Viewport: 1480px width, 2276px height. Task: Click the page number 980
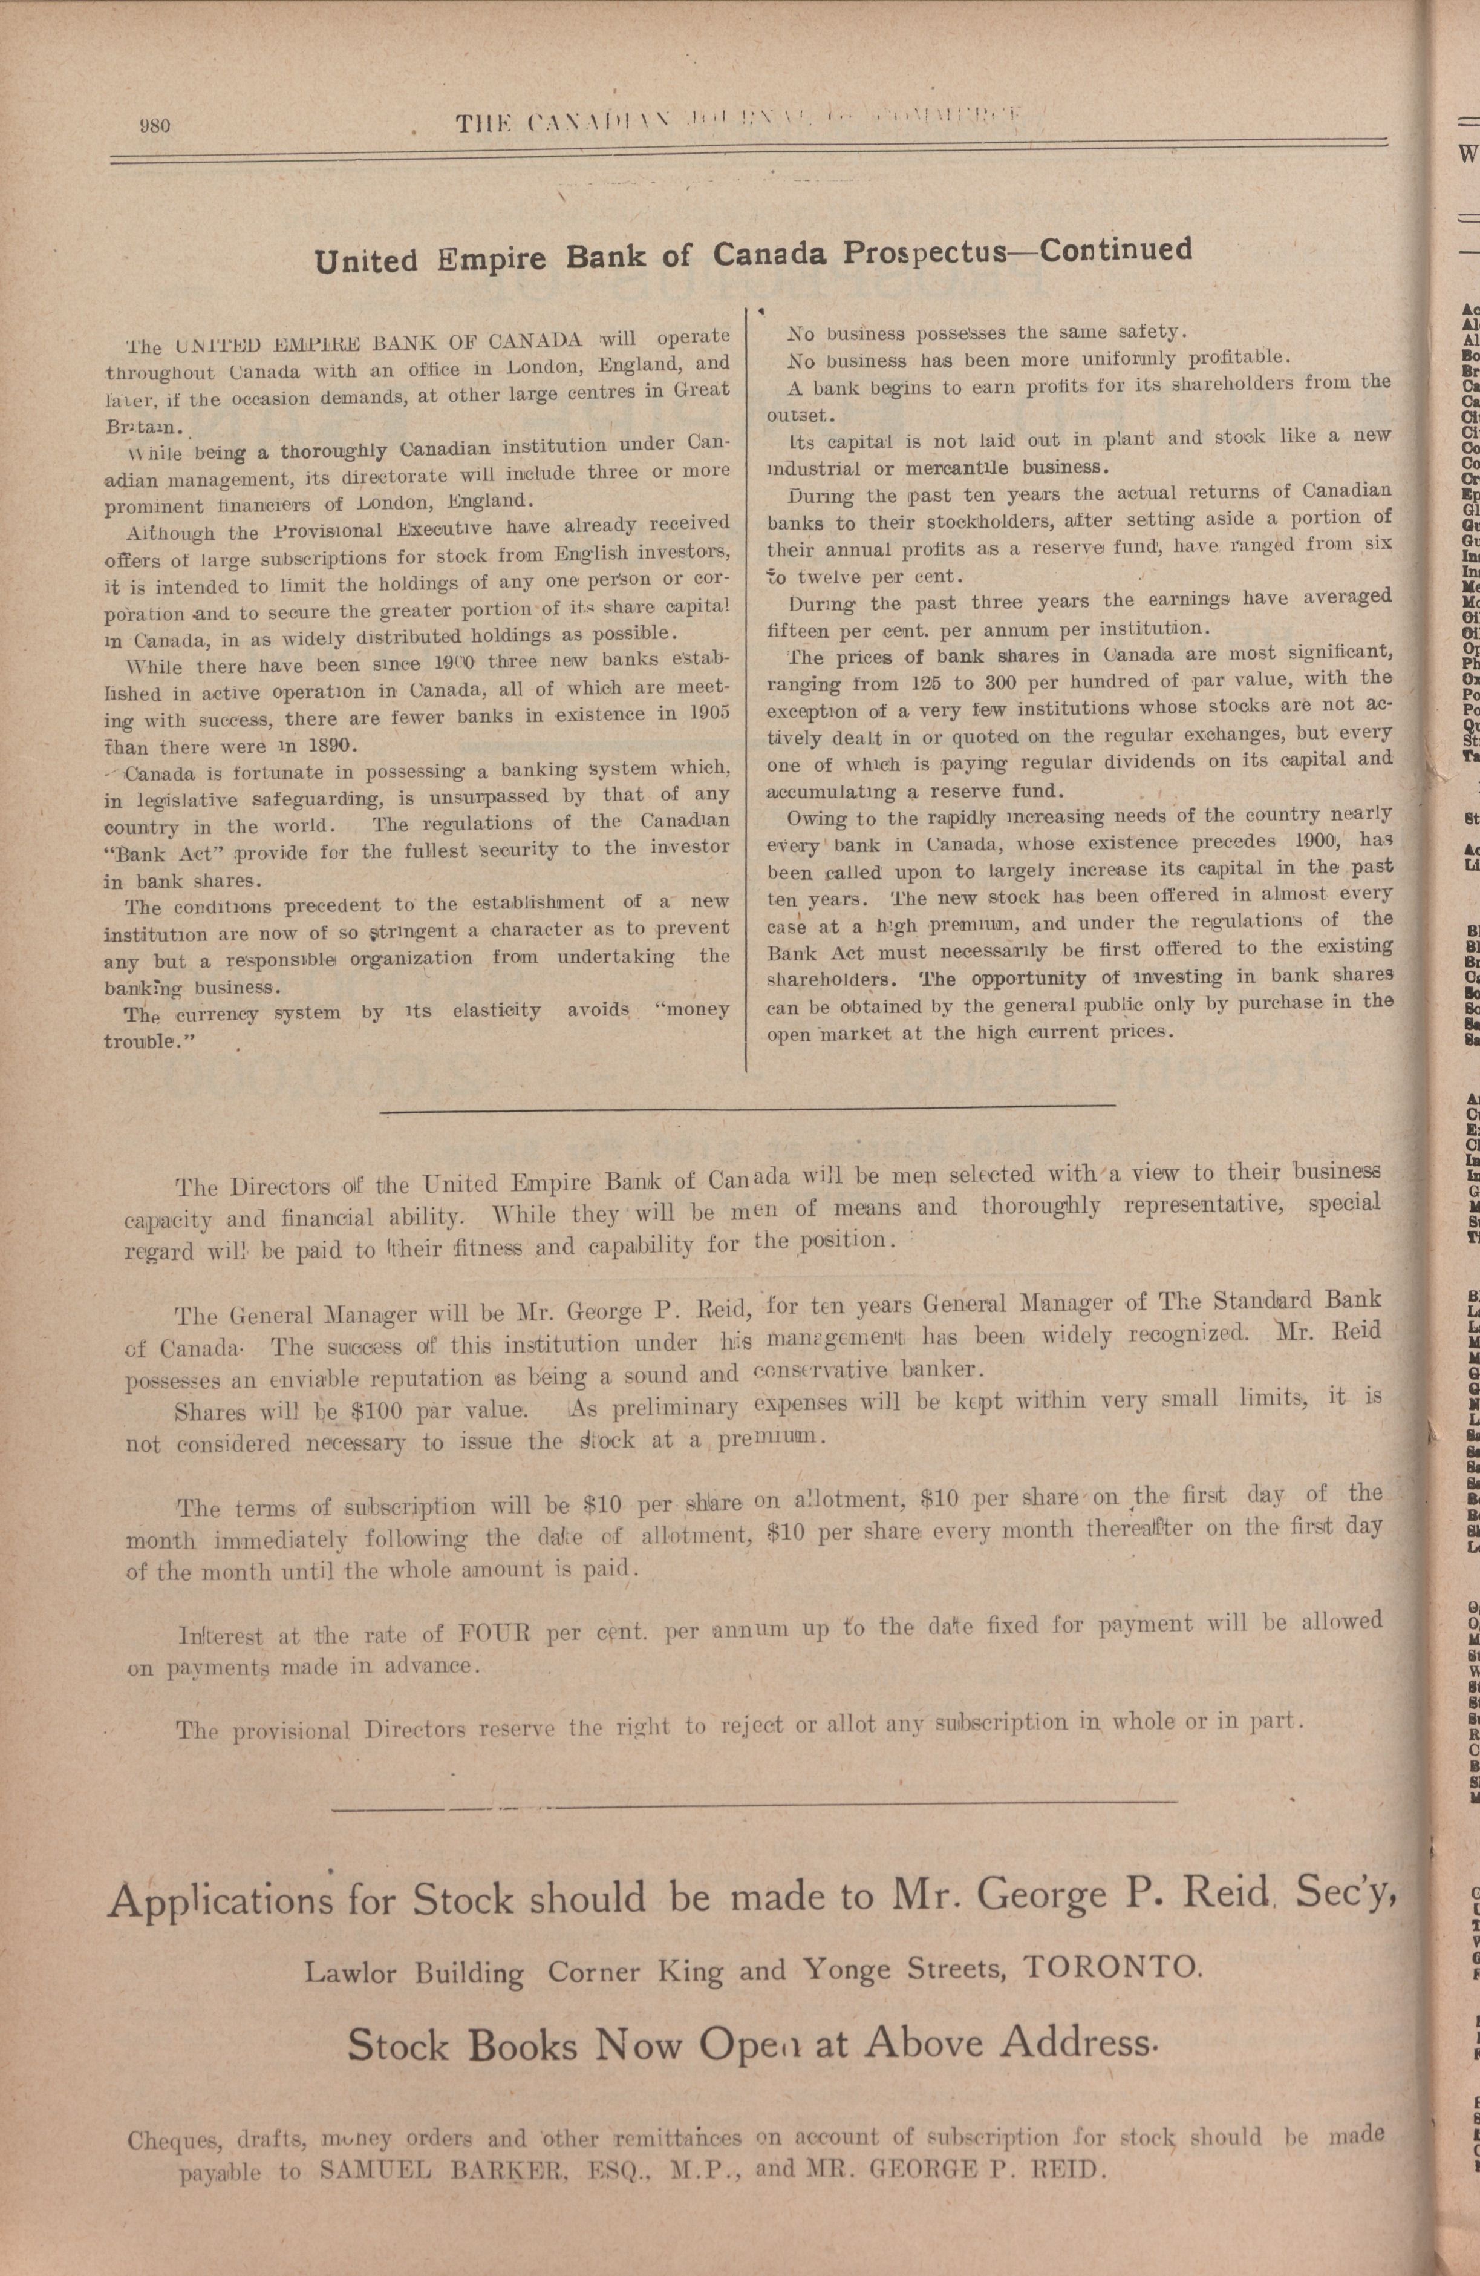click(154, 125)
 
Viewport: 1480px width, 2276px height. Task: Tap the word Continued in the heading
click(1116, 249)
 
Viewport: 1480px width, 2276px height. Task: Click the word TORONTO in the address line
click(1110, 1968)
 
